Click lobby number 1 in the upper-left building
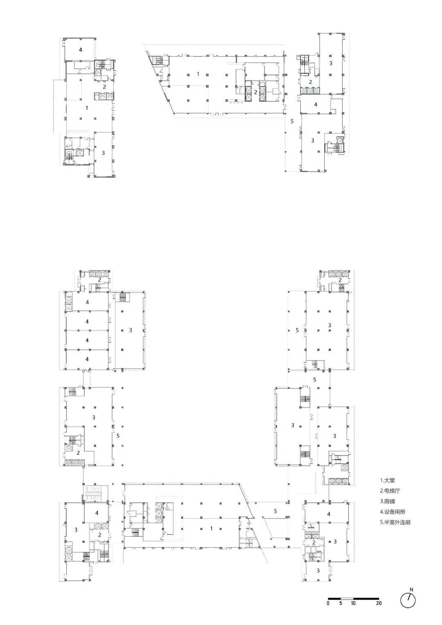[87, 108]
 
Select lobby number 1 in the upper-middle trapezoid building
[198, 74]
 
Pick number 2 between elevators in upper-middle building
[256, 93]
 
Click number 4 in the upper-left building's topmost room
[80, 50]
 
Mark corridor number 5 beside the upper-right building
[292, 121]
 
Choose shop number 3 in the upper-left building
[103, 153]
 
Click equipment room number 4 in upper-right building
[316, 104]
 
